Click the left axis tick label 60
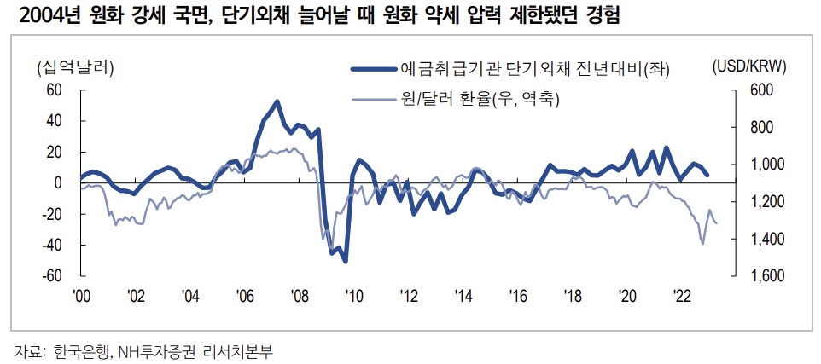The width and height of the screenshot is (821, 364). [55, 90]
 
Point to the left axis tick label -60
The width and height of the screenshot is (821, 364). [53, 276]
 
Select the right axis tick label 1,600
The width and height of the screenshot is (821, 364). [767, 276]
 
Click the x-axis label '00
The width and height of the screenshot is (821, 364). [81, 295]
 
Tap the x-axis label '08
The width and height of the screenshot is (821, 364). [300, 295]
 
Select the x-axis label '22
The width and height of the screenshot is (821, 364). [682, 295]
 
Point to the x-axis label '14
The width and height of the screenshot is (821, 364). [463, 295]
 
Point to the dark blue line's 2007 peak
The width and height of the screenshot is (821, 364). [277, 101]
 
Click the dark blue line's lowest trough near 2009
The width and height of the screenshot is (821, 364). [345, 261]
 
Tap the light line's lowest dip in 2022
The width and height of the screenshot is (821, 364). [702, 244]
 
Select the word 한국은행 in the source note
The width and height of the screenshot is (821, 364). [79, 350]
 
